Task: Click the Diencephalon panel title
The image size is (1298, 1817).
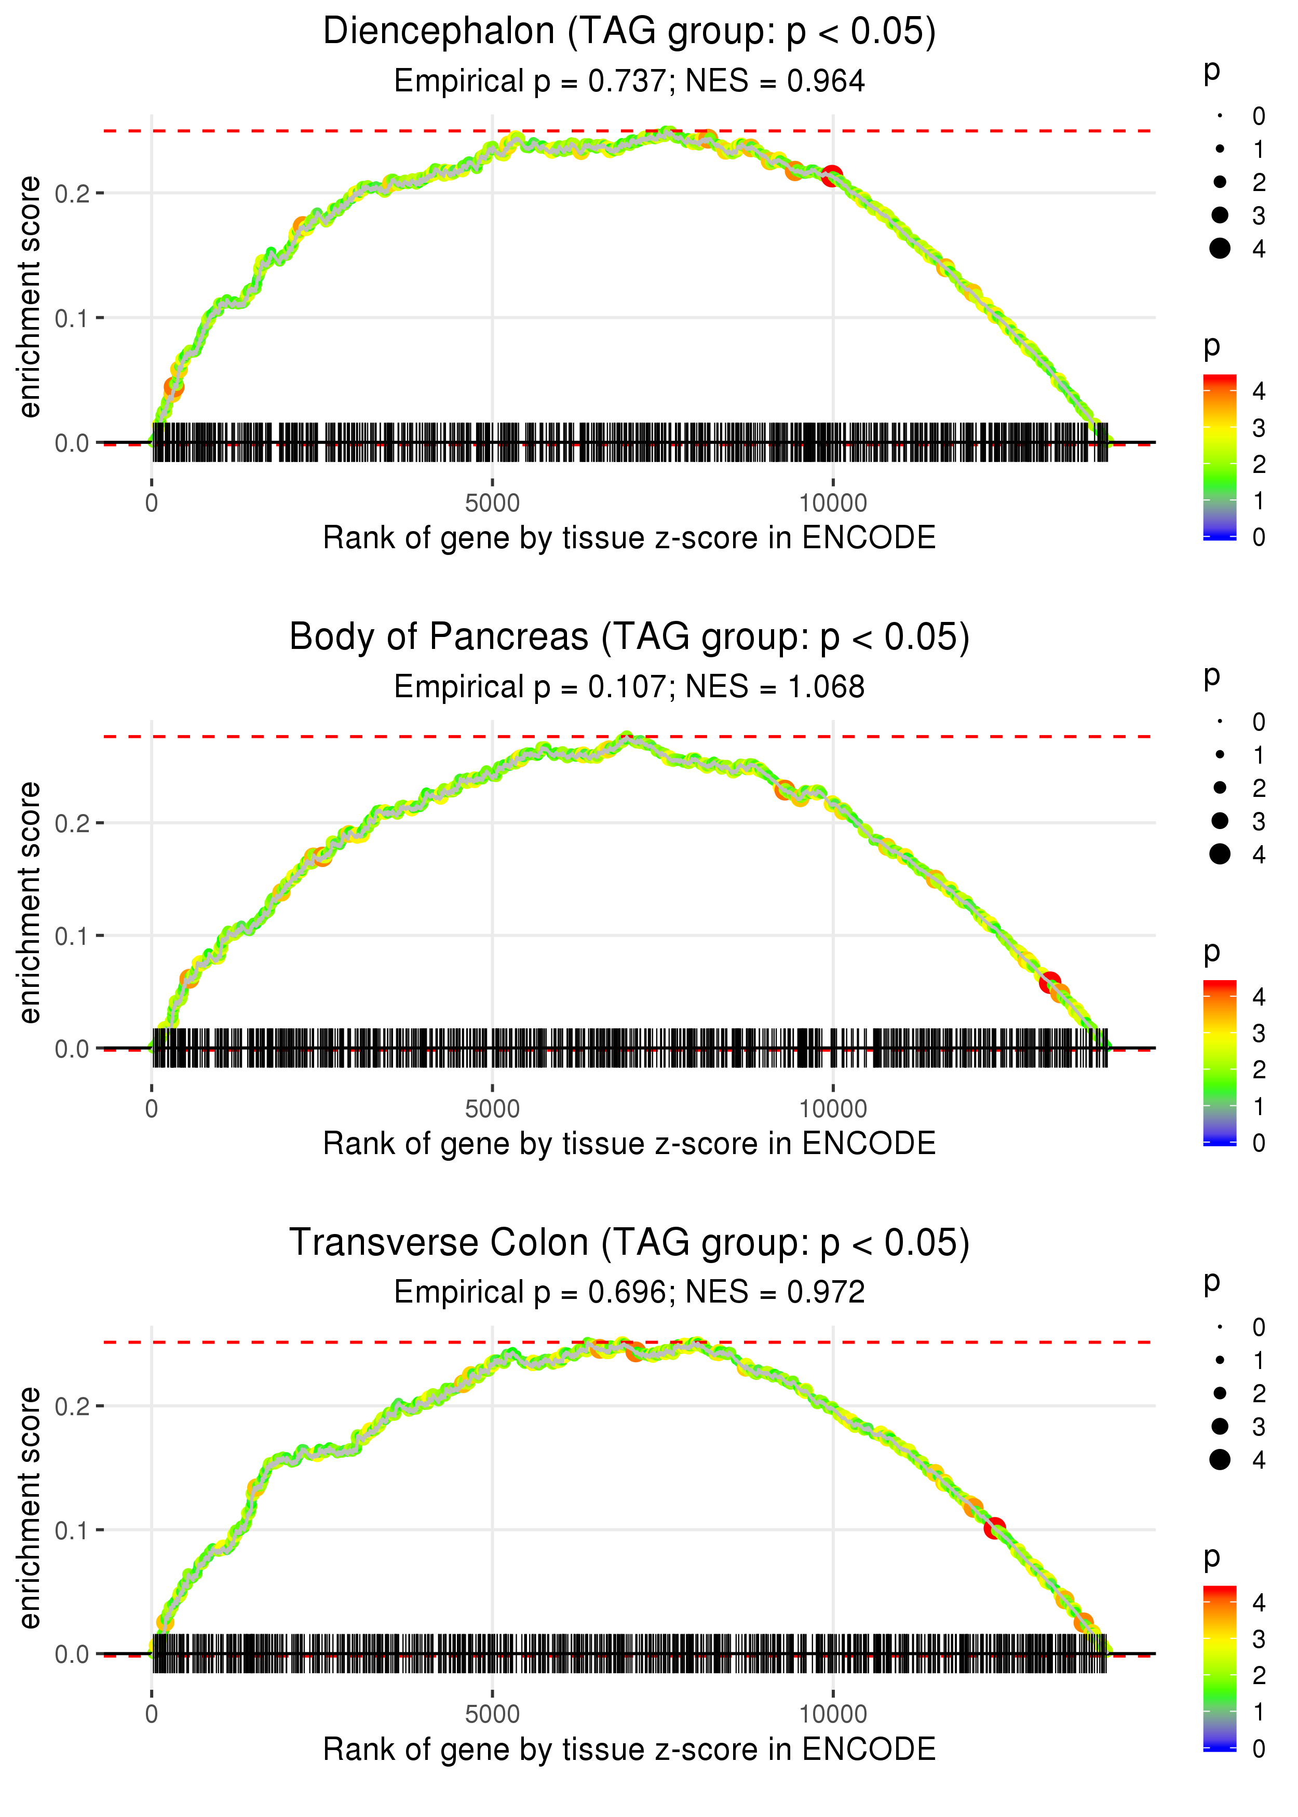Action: click(629, 32)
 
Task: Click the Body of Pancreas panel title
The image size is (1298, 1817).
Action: click(629, 638)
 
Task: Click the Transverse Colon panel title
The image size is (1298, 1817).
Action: click(629, 1243)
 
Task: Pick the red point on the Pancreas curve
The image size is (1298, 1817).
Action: click(1049, 982)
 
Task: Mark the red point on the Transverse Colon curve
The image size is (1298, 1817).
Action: click(994, 1528)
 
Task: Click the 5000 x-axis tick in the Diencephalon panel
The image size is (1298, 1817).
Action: click(492, 504)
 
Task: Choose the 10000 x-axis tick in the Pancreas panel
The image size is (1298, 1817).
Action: click(833, 1109)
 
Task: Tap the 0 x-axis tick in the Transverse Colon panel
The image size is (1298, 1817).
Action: click(152, 1715)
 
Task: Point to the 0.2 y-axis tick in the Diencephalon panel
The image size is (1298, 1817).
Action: click(73, 193)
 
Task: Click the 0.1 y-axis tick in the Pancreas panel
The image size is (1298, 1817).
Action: click(73, 935)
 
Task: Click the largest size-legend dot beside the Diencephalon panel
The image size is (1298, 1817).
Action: click(1220, 249)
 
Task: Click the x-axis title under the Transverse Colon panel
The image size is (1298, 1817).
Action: click(629, 1750)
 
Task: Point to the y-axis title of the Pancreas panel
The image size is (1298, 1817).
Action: click(30, 902)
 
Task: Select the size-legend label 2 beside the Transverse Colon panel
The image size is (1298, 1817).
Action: click(1259, 1393)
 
